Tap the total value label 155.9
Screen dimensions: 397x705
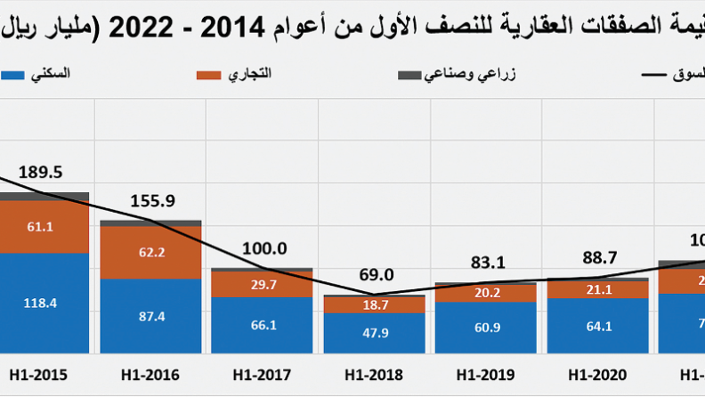152,201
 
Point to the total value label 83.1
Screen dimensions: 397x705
487,263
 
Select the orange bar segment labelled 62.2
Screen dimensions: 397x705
150,252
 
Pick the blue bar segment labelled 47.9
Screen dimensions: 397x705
374,335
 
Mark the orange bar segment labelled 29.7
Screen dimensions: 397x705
262,284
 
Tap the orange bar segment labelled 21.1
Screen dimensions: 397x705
597,289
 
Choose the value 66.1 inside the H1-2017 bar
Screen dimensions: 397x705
262,326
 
